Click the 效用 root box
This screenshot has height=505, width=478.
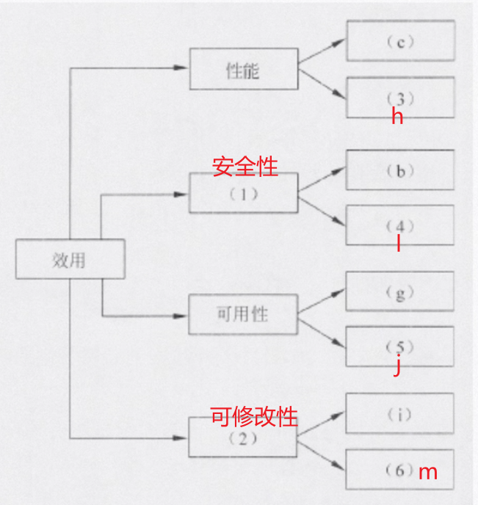pos(69,260)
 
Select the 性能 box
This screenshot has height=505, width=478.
pos(243,70)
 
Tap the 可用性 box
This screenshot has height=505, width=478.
pos(243,314)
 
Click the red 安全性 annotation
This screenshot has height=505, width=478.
pos(245,167)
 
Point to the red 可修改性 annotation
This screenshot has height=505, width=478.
pos(254,417)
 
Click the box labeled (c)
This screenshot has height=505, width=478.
pos(400,41)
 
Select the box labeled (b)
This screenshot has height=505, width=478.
pos(400,171)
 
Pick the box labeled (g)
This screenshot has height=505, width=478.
pos(400,292)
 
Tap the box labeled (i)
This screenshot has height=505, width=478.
pos(400,414)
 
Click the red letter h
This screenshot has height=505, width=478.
pos(397,116)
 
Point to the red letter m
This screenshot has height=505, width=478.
pos(427,472)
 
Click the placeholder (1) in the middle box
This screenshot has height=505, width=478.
pos(243,197)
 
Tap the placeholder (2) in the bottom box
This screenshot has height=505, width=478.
pos(243,440)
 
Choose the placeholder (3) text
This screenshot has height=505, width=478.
pos(400,98)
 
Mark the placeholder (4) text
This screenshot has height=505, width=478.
pos(400,225)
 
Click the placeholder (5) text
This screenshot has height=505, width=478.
pos(400,346)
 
